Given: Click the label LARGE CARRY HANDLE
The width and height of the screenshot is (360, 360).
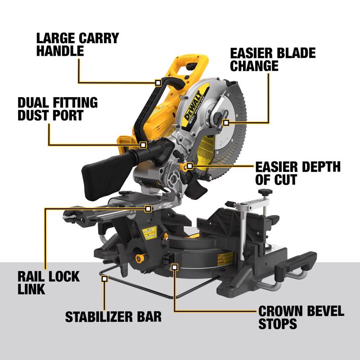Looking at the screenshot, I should [77, 44].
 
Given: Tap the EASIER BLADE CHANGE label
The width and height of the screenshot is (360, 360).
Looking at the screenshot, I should [273, 58].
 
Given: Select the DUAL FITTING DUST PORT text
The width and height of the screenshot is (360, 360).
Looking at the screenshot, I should [57, 108].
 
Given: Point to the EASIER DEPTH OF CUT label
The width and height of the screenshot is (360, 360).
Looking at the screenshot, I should [298, 173].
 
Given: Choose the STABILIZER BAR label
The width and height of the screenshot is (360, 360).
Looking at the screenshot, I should [113, 316].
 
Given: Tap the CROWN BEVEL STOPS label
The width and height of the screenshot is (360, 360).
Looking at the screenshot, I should [301, 317].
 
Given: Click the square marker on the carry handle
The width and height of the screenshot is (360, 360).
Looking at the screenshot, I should [157, 83].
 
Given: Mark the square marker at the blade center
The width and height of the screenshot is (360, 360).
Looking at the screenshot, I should [226, 122].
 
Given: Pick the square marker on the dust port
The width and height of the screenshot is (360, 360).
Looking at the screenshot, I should [143, 145].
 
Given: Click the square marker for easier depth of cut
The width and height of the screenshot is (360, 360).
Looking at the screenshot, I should [190, 166].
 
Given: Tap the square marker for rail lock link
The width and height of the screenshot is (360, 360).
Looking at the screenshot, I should [148, 209].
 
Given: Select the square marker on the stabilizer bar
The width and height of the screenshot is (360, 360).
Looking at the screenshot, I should [104, 279].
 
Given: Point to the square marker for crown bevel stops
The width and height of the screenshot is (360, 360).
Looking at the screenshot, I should [175, 267].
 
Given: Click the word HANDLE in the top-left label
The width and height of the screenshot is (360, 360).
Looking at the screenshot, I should [60, 51].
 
